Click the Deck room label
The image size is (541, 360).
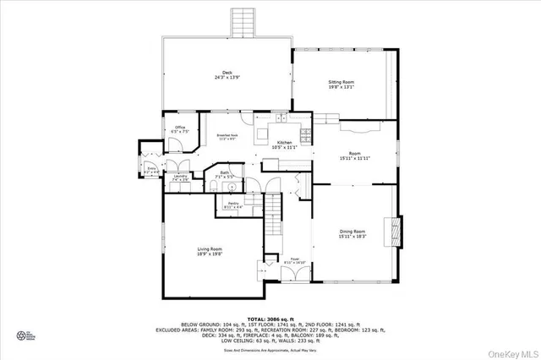click(227, 73)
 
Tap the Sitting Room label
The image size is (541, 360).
click(342, 82)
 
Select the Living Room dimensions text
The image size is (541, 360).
click(210, 254)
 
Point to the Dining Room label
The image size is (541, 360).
click(352, 232)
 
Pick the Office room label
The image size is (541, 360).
click(179, 128)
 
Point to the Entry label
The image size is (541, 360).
click(152, 169)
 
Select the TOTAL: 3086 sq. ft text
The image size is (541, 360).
click(270, 318)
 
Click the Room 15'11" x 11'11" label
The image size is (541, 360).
click(355, 154)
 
